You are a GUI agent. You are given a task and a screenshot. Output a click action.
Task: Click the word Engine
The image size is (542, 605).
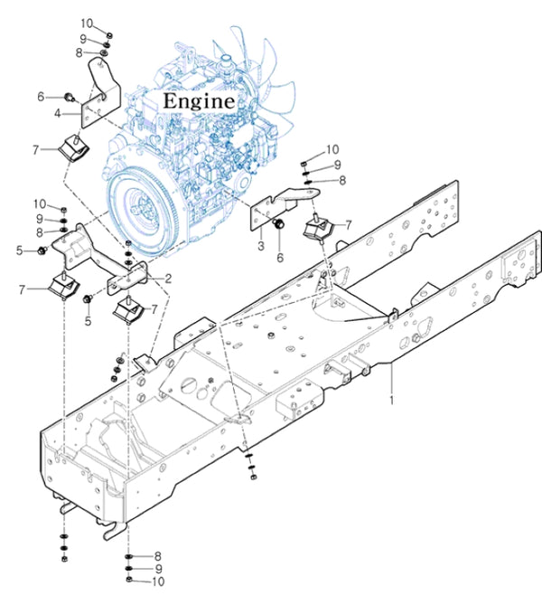pos(198,100)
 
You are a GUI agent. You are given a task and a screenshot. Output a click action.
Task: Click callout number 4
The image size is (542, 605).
pos(57,113)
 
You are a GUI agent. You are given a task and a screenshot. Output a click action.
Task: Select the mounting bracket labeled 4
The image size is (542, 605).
pos(98,95)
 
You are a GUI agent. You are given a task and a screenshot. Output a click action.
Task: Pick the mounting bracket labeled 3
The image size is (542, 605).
pos(276,208)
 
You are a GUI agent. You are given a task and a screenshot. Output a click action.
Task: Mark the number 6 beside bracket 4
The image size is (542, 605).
pos(41,96)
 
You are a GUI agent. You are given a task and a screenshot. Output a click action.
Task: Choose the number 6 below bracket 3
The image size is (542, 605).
pos(280,258)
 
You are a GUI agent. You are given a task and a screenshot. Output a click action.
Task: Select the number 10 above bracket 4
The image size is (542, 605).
pos(87,22)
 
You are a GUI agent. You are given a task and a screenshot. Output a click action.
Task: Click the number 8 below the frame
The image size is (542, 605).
pos(157,555)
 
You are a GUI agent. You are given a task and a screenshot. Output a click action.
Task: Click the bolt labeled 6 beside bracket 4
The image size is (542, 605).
pos(70,93)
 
